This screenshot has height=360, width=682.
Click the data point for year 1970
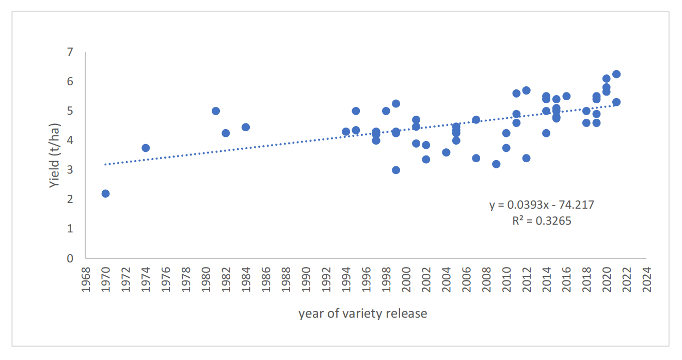105,194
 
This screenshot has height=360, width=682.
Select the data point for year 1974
146,148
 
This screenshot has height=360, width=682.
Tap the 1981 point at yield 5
216,111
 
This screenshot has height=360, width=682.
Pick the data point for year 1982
226,133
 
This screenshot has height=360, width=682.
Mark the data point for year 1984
246,127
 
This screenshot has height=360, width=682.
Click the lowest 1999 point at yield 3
396,170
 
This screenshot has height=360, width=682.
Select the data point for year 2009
496,164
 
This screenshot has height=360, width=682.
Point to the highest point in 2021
616,74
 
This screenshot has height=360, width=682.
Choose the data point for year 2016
566,96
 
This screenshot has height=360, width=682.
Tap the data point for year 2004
446,152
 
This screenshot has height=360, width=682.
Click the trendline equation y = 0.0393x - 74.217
542,205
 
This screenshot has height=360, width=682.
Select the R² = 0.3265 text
542,221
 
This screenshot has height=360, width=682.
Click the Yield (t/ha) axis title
55,155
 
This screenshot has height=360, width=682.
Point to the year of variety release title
362,314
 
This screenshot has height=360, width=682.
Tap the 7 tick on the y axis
70,52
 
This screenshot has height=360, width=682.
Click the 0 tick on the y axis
70,258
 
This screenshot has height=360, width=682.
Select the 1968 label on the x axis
86,279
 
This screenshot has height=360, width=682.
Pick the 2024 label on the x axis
646,279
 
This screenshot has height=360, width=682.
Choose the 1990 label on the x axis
306,279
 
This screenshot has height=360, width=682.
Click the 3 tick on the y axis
70,170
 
